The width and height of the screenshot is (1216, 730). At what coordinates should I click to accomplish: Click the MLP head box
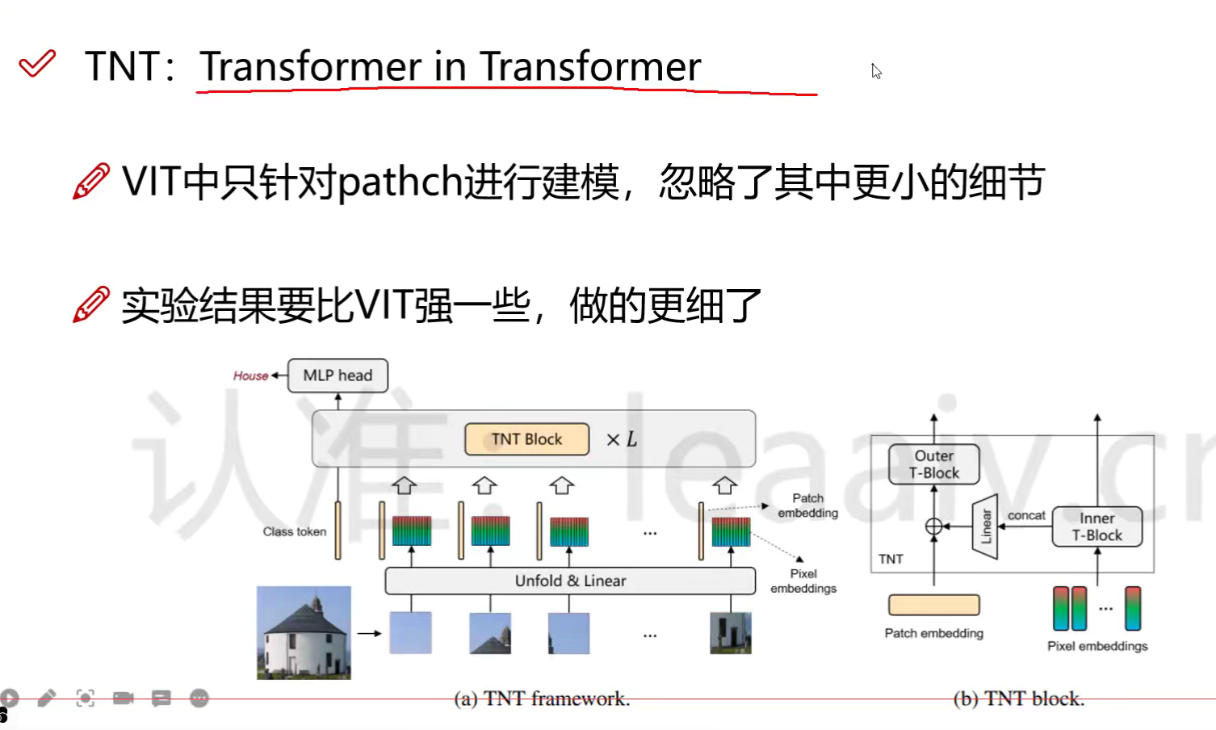point(338,375)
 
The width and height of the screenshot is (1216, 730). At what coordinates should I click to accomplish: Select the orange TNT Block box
point(526,439)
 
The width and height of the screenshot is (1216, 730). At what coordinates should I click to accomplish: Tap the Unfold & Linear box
point(570,581)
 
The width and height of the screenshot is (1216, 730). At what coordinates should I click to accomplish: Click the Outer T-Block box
point(933,464)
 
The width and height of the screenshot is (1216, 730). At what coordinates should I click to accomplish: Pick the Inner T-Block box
point(1096,527)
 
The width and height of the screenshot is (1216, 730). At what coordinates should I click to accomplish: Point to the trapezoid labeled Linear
point(985,526)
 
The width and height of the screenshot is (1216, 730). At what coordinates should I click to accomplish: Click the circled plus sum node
point(933,526)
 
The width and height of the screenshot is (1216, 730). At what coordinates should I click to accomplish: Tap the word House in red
point(250,375)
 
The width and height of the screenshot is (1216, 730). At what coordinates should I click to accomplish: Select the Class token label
point(295,531)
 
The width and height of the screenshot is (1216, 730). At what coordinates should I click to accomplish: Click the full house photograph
point(304,632)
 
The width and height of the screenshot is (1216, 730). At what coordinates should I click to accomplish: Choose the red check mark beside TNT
point(37,64)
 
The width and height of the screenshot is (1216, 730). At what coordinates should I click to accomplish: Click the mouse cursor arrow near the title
point(876,71)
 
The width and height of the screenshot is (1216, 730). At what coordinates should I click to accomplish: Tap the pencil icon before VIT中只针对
point(90,181)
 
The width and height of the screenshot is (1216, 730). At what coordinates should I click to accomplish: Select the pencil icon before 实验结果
point(90,304)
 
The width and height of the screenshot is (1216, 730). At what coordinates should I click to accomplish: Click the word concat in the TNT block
point(1026,516)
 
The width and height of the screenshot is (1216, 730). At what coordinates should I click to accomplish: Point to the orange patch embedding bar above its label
point(933,605)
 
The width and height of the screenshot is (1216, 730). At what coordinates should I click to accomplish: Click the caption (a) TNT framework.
point(542,699)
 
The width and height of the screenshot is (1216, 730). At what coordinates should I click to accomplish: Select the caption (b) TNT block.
point(1019,699)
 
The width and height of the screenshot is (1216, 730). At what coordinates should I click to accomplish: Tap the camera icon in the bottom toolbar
point(124,698)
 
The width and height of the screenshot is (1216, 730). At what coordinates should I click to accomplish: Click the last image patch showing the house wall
point(731,633)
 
